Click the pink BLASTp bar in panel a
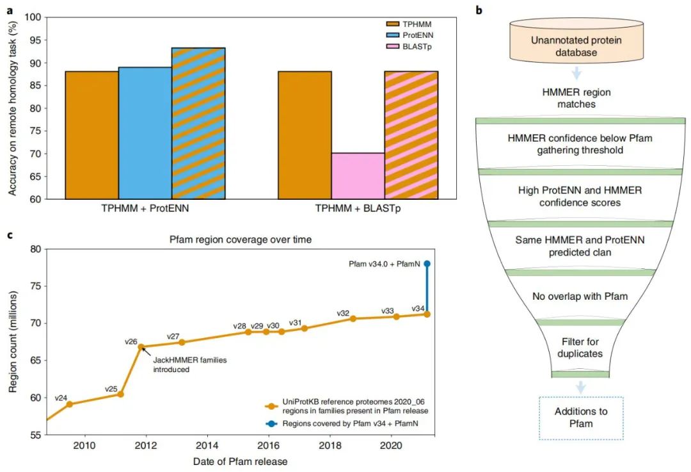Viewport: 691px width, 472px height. pyautogui.click(x=357, y=176)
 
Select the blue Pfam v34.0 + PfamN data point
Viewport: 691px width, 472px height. pyautogui.click(x=427, y=264)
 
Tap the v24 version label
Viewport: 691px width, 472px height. pyautogui.click(x=61, y=398)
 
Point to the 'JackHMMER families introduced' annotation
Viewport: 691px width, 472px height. pyautogui.click(x=189, y=364)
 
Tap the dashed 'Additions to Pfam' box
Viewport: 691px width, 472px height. pyautogui.click(x=581, y=418)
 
